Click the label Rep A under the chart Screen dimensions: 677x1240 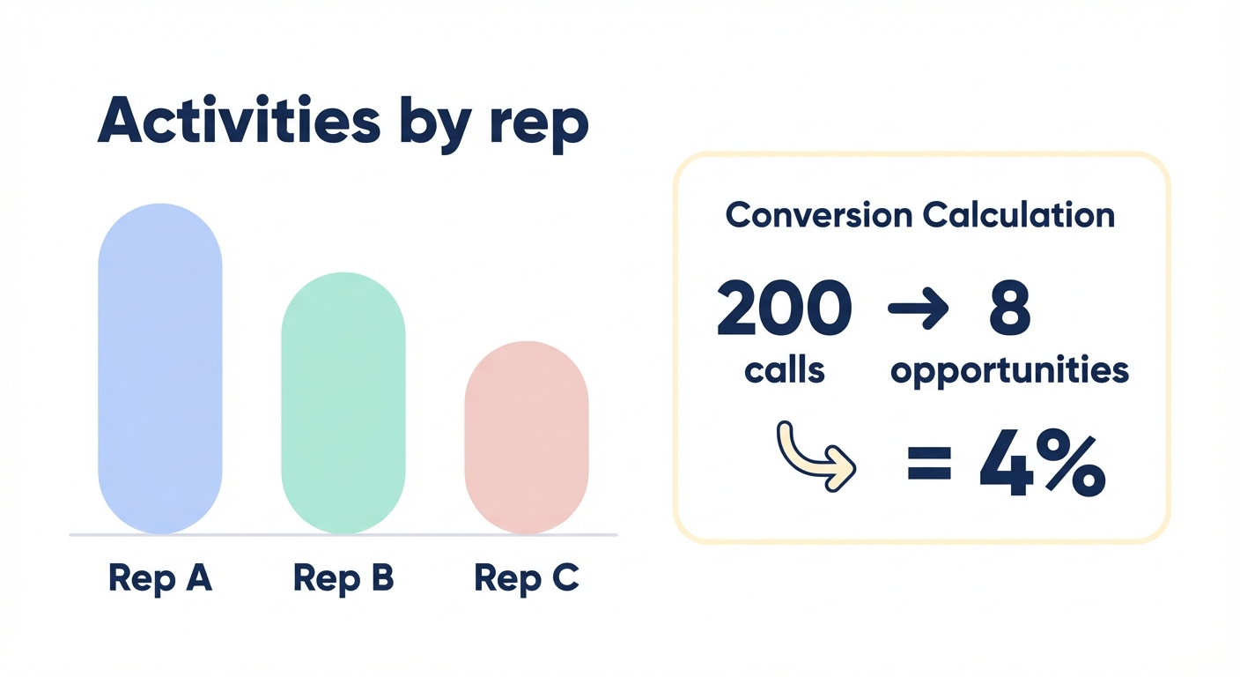(x=159, y=578)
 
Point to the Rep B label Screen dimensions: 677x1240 (x=343, y=578)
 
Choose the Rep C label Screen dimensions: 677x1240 (x=526, y=578)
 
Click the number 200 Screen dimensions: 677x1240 (x=784, y=309)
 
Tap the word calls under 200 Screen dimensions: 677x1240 (x=784, y=370)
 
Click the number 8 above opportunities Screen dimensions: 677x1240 (x=1008, y=309)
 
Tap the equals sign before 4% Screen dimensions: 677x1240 (x=929, y=462)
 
